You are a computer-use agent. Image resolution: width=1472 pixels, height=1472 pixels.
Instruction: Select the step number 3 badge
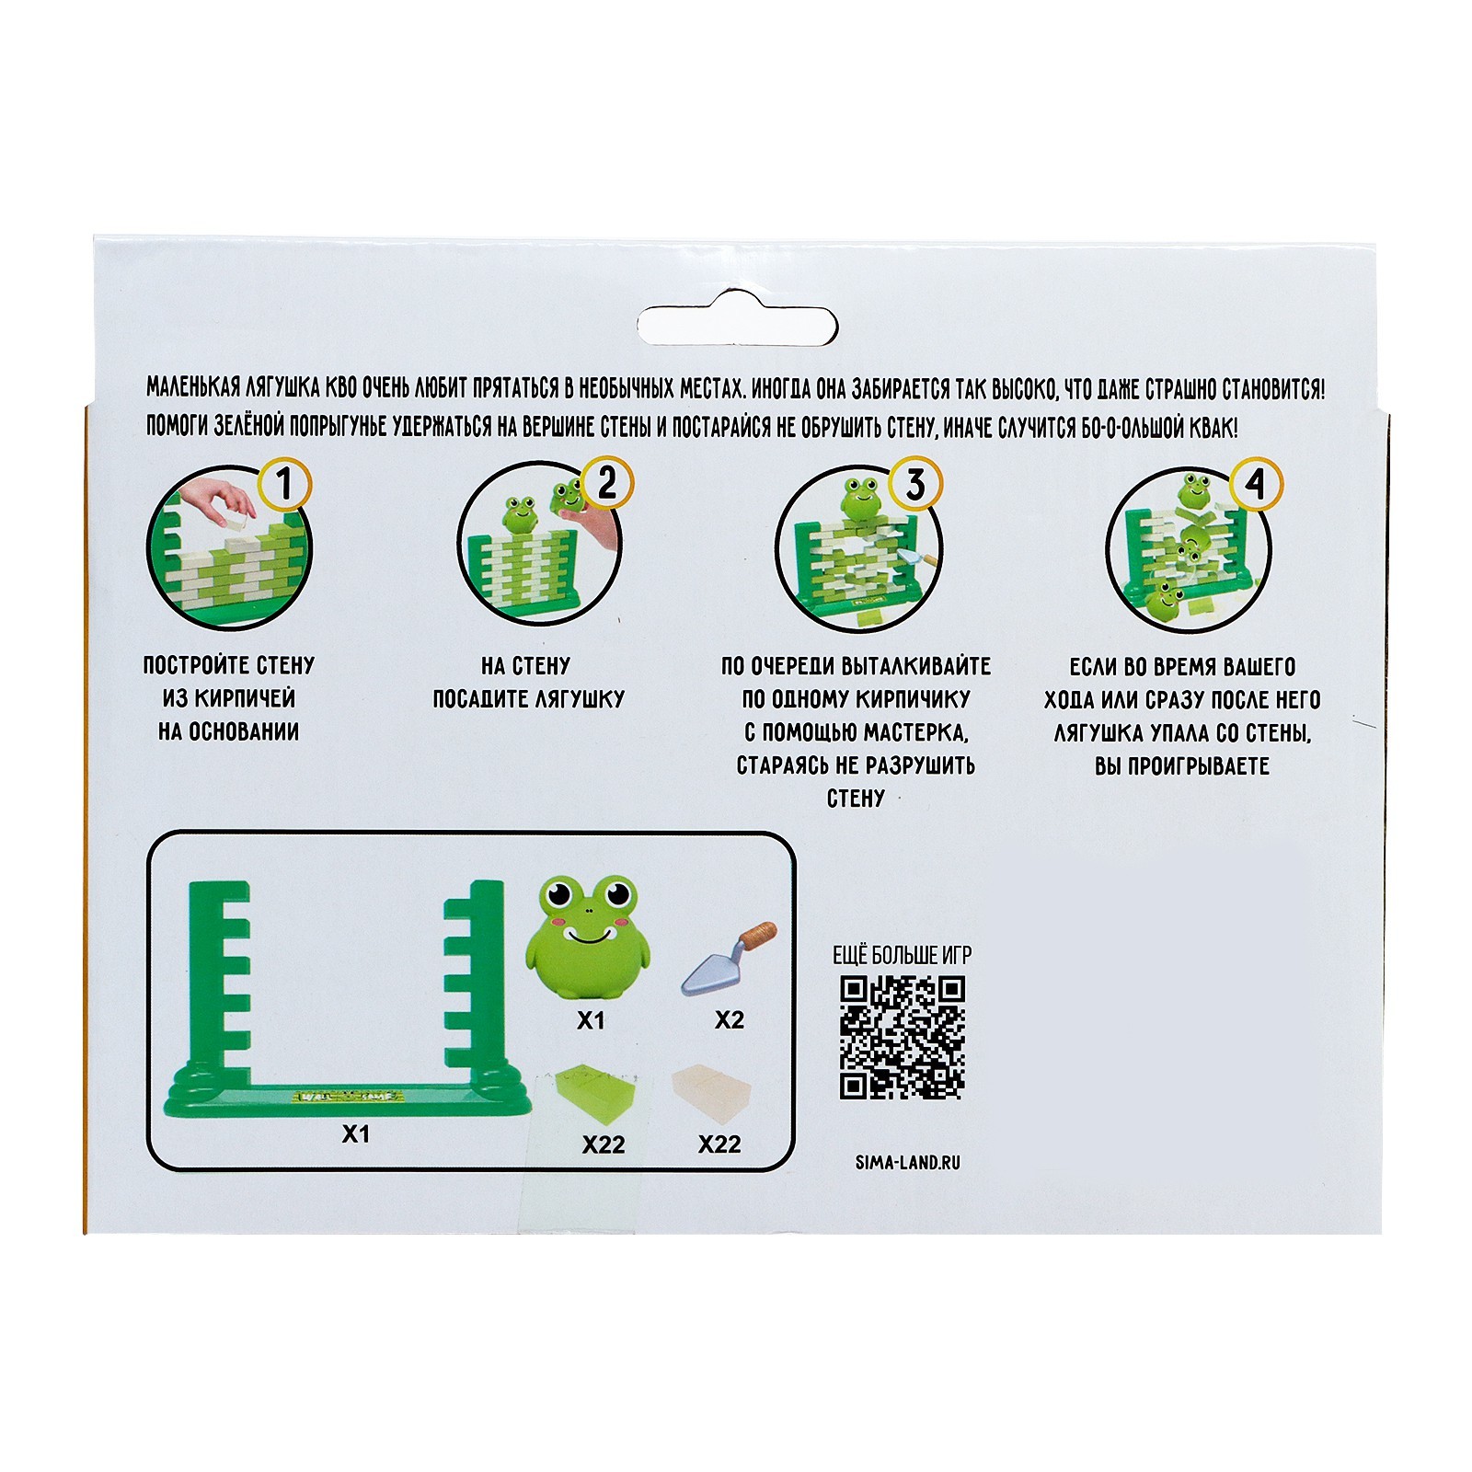pyautogui.click(x=915, y=484)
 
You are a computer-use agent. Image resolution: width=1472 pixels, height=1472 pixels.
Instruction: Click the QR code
pyautogui.click(x=903, y=1037)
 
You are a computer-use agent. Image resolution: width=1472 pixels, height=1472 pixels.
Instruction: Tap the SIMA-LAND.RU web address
pyautogui.click(x=907, y=1162)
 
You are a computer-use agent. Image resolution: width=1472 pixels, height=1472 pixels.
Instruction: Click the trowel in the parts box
pyautogui.click(x=729, y=958)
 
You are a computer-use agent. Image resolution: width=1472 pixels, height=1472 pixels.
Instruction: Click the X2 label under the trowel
pyautogui.click(x=730, y=1020)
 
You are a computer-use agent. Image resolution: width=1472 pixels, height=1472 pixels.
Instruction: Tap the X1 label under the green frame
pyautogui.click(x=356, y=1134)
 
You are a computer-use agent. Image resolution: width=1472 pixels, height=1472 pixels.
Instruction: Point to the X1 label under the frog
pyautogui.click(x=591, y=1020)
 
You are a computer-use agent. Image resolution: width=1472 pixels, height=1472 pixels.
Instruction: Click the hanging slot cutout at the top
pyautogui.click(x=737, y=325)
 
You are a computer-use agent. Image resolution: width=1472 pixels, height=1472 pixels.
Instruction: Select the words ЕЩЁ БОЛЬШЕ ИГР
pyautogui.click(x=902, y=955)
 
